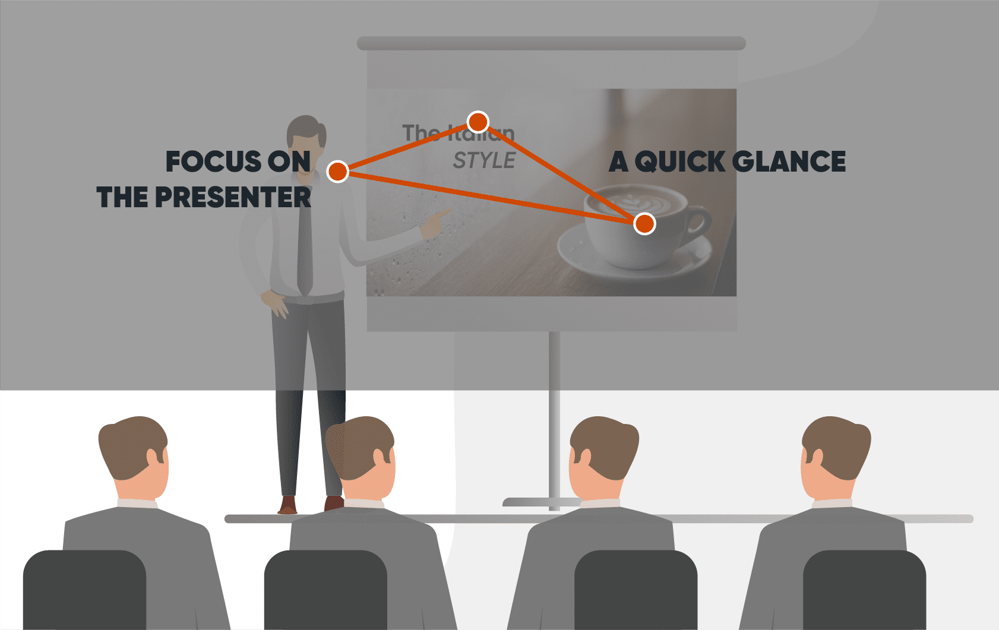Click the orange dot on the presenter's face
coord(337,172)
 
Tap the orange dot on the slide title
coord(478,122)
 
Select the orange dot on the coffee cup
coord(644,224)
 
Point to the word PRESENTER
coord(233,198)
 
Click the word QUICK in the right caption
coord(680,162)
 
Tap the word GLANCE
coord(789,162)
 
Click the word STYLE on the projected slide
coord(484,160)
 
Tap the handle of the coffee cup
coord(698,223)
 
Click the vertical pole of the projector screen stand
coord(554,416)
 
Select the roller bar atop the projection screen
coord(551,43)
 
